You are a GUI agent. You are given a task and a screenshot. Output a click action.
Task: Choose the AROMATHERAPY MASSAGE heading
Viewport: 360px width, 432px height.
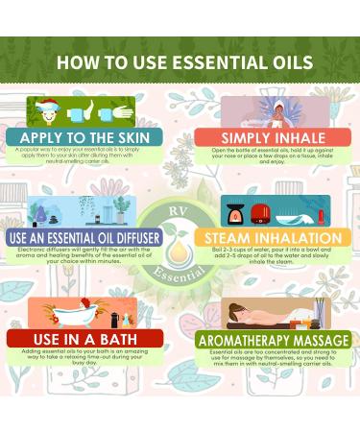(x=261, y=338)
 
